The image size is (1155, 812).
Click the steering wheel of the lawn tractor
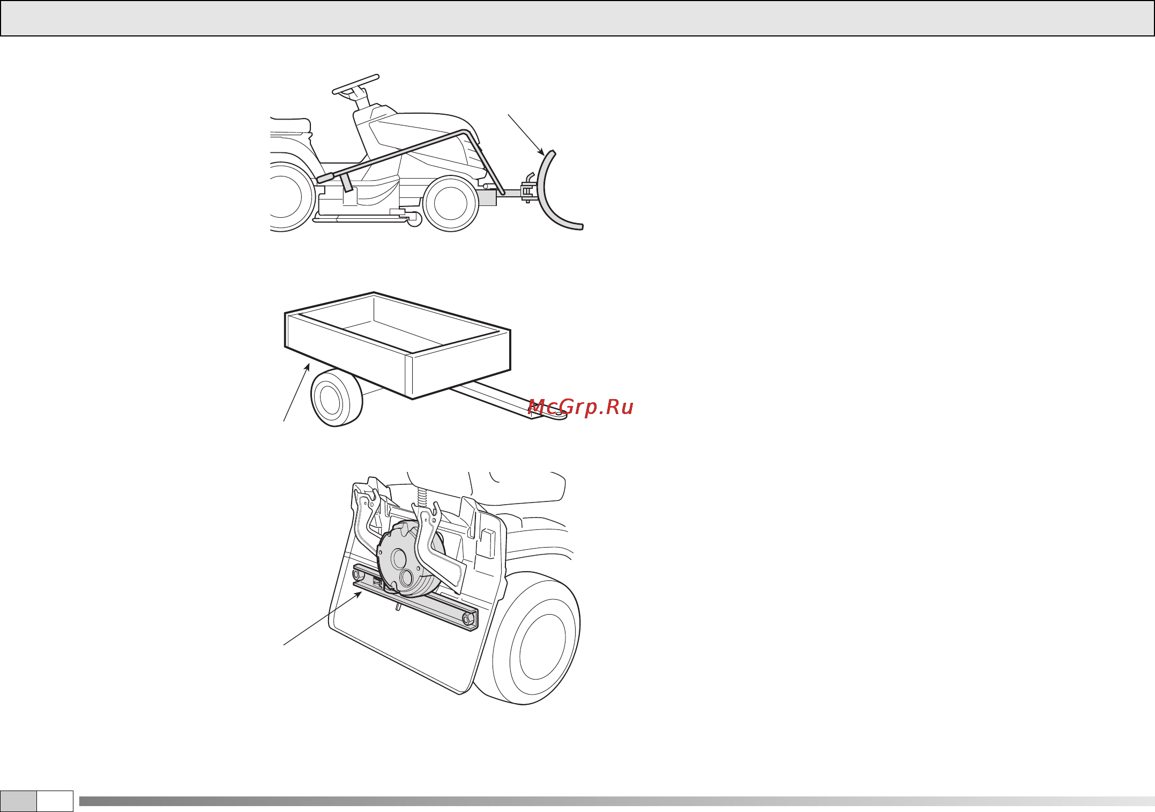pos(355,85)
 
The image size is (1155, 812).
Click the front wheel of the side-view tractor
pos(451,203)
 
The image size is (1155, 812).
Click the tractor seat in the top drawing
pos(290,126)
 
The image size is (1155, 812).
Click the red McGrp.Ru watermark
pos(580,408)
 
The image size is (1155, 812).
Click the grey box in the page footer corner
pos(18,801)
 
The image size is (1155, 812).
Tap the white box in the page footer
pos(55,801)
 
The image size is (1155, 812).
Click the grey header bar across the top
pos(577,18)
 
